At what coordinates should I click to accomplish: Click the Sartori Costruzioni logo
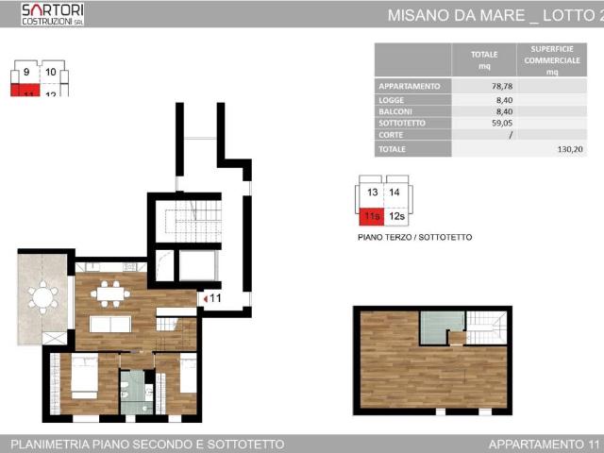coord(53,13)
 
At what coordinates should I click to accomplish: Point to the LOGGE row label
coord(392,99)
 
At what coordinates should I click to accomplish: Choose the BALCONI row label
coord(395,111)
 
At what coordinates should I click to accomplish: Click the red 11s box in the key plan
coord(371,217)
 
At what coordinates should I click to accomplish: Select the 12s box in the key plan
coord(397,217)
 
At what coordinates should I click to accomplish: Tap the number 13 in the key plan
coord(371,193)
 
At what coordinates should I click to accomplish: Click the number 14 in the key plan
coord(397,193)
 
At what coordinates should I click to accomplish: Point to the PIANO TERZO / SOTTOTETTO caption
coord(414,238)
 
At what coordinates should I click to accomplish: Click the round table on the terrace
coord(42,298)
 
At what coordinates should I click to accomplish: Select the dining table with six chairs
coord(111,293)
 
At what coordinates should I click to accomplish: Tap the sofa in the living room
coord(110,324)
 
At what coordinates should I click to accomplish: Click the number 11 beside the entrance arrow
coord(215,299)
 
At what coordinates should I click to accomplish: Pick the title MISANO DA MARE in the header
coord(452,15)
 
